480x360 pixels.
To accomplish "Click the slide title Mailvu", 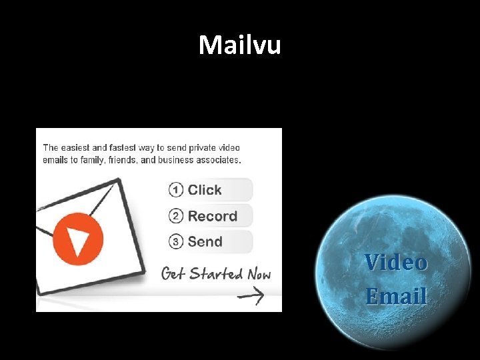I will click(x=240, y=45).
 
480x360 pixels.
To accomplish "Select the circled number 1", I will click(x=176, y=190).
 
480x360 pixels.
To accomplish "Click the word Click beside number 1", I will click(x=205, y=190).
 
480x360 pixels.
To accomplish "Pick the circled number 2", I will click(x=176, y=216).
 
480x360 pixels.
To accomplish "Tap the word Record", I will click(x=213, y=216).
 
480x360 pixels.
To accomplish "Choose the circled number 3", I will click(x=176, y=242).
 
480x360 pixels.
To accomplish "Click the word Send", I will click(x=205, y=242).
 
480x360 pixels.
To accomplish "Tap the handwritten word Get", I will click(x=173, y=274).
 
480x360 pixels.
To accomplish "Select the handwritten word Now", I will click(x=259, y=274).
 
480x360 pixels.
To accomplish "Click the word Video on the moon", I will click(x=396, y=262).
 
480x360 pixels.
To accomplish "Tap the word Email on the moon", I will click(x=396, y=295).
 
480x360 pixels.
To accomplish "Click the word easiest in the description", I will click(x=79, y=148).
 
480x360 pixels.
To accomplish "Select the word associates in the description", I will click(x=217, y=160).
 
